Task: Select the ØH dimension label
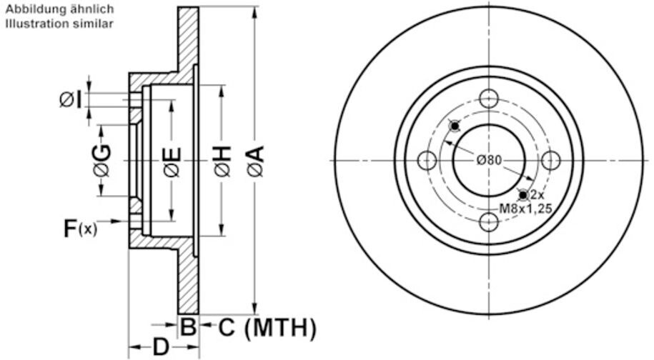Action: click(222, 161)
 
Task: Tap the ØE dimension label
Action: click(172, 161)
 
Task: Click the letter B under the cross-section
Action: click(187, 328)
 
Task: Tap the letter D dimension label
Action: click(161, 347)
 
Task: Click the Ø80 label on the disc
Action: click(489, 160)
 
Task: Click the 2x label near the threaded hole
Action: click(537, 195)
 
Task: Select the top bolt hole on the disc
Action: click(489, 99)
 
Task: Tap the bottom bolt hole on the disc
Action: click(489, 222)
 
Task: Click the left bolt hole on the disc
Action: click(427, 160)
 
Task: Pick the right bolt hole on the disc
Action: click(550, 160)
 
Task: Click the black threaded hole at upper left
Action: click(455, 126)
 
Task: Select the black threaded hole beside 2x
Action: click(523, 194)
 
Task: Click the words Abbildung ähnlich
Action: click(59, 10)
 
